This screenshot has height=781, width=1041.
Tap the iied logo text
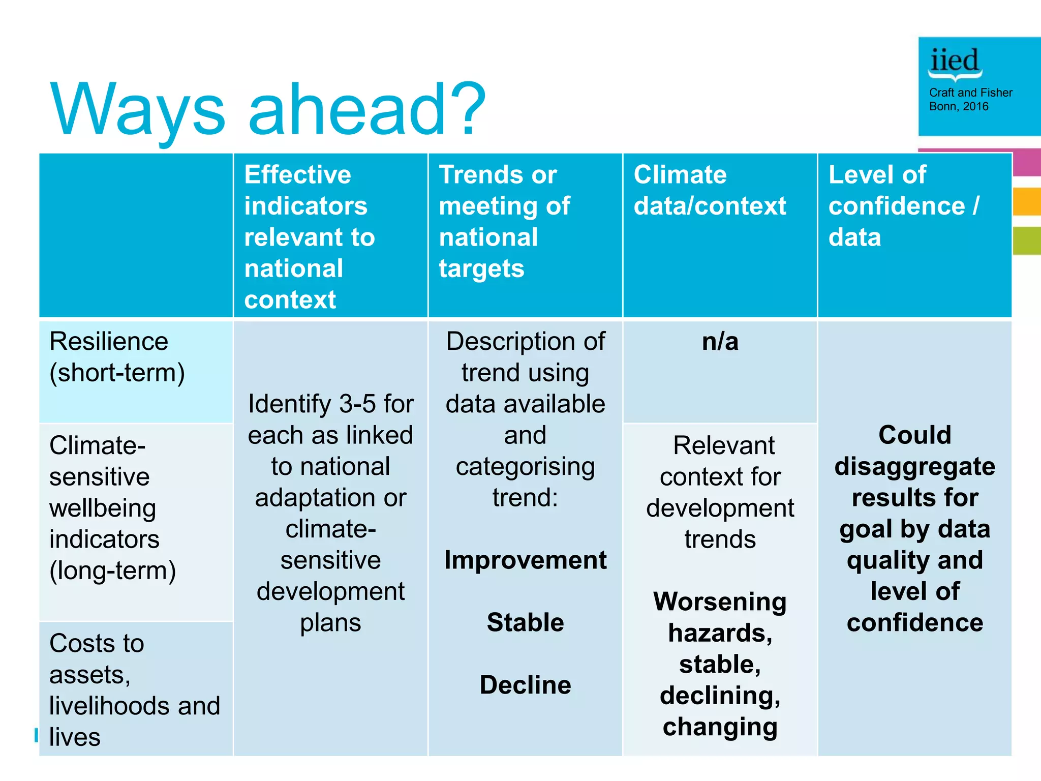954,61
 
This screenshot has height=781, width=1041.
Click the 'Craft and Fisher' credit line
970,93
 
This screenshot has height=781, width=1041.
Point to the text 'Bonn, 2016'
958,106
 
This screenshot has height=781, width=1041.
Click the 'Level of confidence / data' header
903,205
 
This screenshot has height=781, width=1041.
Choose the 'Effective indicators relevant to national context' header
309,236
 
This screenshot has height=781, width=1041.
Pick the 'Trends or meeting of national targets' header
504,221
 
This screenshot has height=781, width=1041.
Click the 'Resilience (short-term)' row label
116,357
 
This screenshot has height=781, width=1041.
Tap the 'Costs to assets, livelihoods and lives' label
134,689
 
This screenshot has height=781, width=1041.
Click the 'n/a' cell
720,342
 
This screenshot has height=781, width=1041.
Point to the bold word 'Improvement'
525,560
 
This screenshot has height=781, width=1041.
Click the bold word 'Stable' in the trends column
525,622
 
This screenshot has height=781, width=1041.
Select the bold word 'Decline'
525,685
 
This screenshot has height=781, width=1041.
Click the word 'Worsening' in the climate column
720,602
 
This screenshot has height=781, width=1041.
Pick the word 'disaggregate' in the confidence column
914,467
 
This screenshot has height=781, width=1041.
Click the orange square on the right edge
1027,201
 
